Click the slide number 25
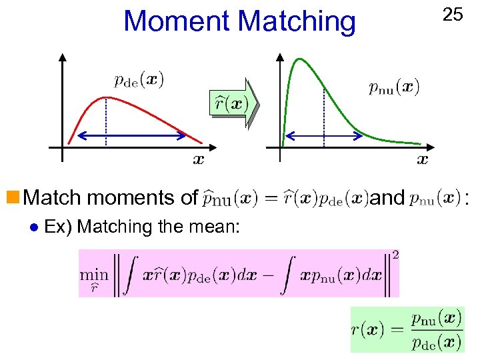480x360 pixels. point(453,14)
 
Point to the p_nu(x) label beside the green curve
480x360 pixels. point(394,87)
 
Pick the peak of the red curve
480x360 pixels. point(106,98)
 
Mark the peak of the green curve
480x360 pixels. point(298,59)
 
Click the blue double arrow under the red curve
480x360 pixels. point(131,136)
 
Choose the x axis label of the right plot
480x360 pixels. point(422,159)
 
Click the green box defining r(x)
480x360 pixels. point(407,329)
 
